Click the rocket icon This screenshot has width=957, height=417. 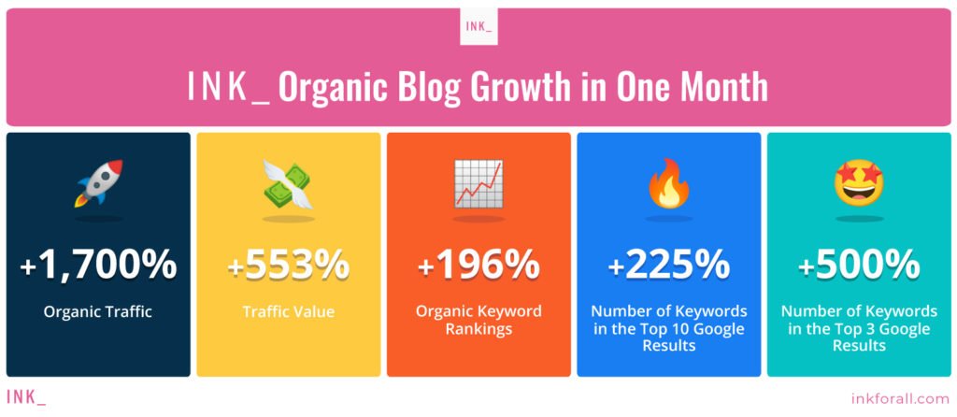click(x=99, y=182)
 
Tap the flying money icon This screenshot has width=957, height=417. click(x=288, y=184)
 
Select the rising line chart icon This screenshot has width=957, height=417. click(x=478, y=182)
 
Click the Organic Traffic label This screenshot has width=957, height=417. click(x=97, y=312)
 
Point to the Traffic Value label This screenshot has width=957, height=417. click(x=289, y=312)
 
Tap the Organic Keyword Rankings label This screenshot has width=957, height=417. click(x=479, y=320)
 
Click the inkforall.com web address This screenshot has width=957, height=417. click(x=900, y=398)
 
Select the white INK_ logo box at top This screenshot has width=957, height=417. click(x=478, y=26)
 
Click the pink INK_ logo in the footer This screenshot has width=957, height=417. click(x=25, y=396)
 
